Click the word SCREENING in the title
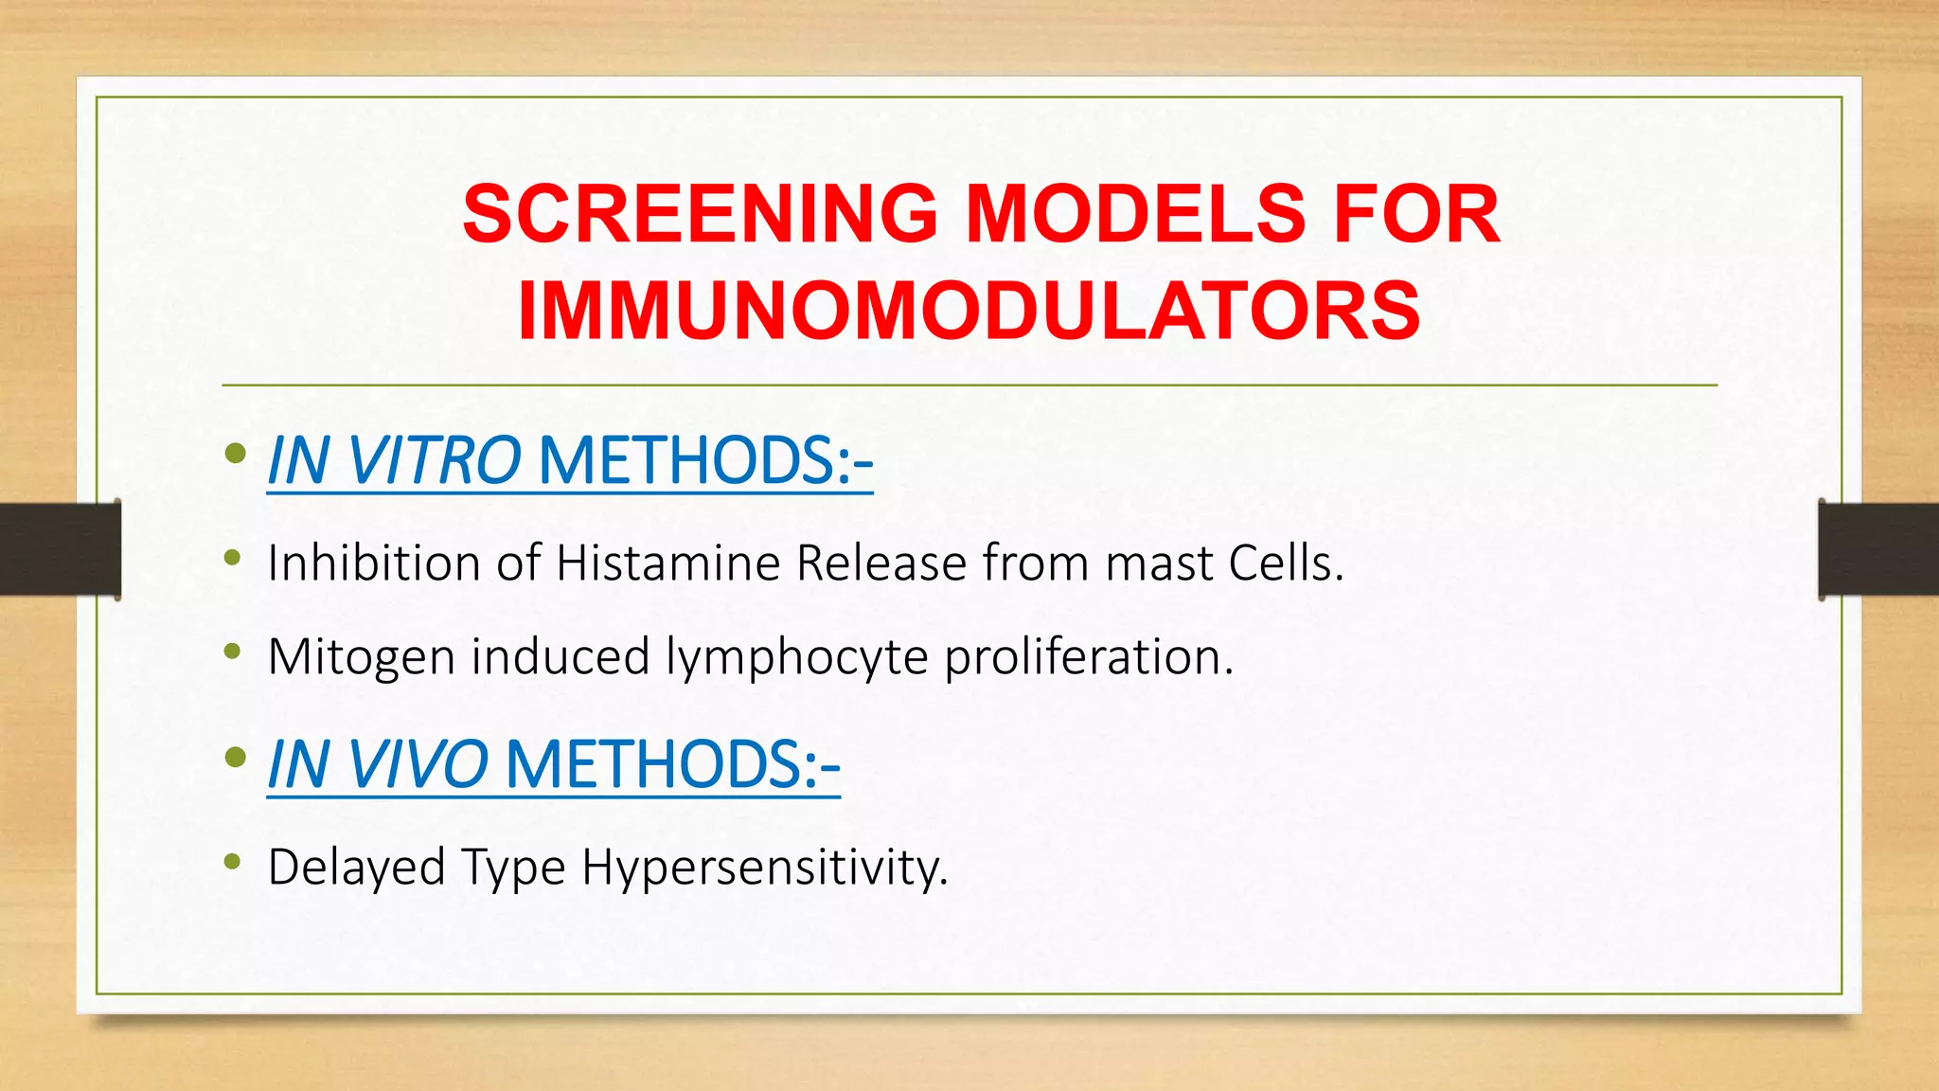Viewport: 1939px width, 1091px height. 700,214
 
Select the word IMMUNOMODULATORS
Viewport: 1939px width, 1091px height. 969,311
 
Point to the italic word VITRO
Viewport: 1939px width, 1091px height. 435,461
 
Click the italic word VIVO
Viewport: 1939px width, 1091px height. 418,764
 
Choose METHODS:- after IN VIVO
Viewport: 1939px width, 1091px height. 673,764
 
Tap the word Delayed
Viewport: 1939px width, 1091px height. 356,867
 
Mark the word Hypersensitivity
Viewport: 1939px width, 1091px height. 764,867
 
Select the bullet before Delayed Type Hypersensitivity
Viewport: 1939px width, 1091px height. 233,862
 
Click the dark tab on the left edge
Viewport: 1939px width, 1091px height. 59,549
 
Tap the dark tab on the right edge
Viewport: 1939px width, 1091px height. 1878,549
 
